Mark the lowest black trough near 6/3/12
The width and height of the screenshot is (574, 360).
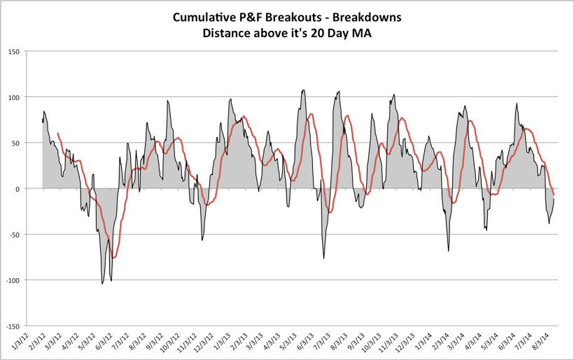pos(102,284)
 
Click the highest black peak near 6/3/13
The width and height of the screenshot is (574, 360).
pos(303,90)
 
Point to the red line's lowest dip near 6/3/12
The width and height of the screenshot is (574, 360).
pos(113,258)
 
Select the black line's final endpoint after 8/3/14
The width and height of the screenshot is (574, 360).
pos(554,198)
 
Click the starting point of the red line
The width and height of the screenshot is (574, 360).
pos(57,133)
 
